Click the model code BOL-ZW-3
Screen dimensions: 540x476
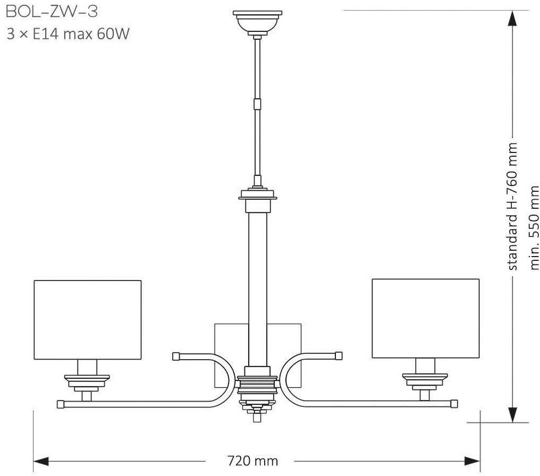click(x=52, y=12)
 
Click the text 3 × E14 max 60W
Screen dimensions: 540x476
click(x=68, y=35)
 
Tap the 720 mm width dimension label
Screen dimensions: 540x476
click(x=253, y=461)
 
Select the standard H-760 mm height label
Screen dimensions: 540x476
click(x=513, y=207)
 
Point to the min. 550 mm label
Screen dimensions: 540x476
click(x=534, y=228)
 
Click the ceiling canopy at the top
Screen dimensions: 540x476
click(x=257, y=22)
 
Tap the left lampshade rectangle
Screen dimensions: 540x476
click(x=88, y=320)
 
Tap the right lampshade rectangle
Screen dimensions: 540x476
click(x=426, y=318)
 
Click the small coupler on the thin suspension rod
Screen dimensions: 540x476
click(x=257, y=104)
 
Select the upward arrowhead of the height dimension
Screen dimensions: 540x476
click(x=513, y=19)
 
